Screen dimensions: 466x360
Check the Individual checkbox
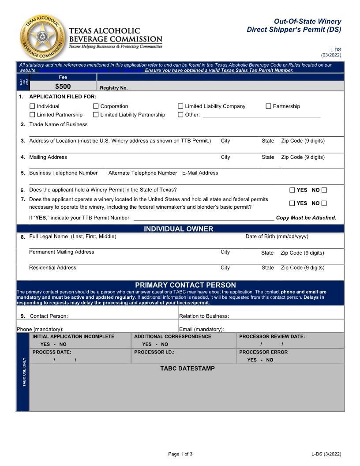(32, 106)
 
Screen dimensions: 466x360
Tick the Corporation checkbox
(96, 106)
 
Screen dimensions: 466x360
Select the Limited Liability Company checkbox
(180, 106)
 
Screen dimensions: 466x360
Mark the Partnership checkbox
(268, 106)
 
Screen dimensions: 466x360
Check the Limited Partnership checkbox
(32, 115)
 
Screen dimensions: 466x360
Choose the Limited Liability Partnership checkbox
(96, 115)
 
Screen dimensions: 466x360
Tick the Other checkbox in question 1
(180, 115)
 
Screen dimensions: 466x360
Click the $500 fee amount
(63, 86)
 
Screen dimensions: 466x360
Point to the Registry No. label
(114, 88)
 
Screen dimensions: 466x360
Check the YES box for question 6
(292, 190)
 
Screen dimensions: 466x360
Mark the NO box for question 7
(324, 203)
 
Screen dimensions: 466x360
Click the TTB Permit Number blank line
(203, 218)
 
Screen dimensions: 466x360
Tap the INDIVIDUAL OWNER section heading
(179, 229)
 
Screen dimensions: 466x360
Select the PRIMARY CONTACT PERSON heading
(185, 285)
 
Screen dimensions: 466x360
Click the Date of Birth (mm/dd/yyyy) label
(277, 237)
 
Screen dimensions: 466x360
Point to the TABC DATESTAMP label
(187, 368)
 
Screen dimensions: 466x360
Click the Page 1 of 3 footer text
(180, 454)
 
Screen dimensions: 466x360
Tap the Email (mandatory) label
(202, 329)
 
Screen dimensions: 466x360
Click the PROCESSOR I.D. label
(154, 352)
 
